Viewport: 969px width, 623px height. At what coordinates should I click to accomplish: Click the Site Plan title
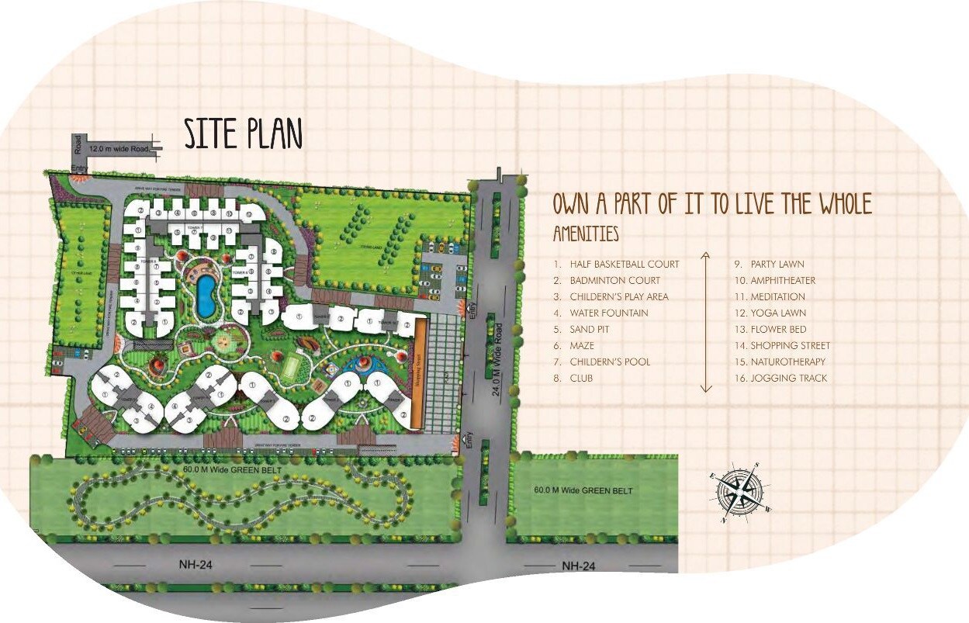click(x=243, y=133)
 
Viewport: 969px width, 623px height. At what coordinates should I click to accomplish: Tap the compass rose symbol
click(x=739, y=489)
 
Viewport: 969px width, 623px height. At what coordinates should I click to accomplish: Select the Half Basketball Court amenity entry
click(x=624, y=265)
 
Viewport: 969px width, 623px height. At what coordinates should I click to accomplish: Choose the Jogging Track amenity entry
click(x=788, y=379)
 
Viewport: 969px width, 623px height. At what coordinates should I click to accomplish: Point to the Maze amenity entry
click(x=582, y=346)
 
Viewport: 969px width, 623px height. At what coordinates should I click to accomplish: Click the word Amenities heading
click(x=586, y=234)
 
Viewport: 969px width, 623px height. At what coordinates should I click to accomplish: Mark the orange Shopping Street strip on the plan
click(x=417, y=372)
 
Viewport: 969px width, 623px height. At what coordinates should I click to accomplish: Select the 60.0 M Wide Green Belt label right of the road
click(x=583, y=490)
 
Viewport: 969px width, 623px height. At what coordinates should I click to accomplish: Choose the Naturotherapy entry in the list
click(x=787, y=362)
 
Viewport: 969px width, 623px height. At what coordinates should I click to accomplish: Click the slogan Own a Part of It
click(x=712, y=204)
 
